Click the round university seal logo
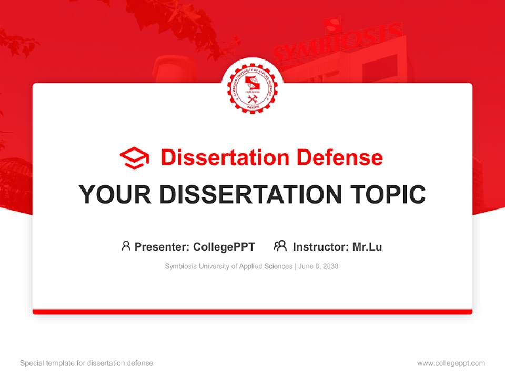(x=252, y=87)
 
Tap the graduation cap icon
(x=134, y=157)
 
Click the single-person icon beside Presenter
(x=126, y=246)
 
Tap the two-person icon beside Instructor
(x=280, y=246)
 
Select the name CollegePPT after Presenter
(x=224, y=246)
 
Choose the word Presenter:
(x=162, y=246)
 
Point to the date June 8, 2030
(x=318, y=266)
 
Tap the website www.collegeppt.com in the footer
(x=451, y=363)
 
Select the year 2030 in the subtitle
(x=331, y=266)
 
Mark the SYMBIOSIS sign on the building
(x=337, y=42)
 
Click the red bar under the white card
(x=252, y=312)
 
